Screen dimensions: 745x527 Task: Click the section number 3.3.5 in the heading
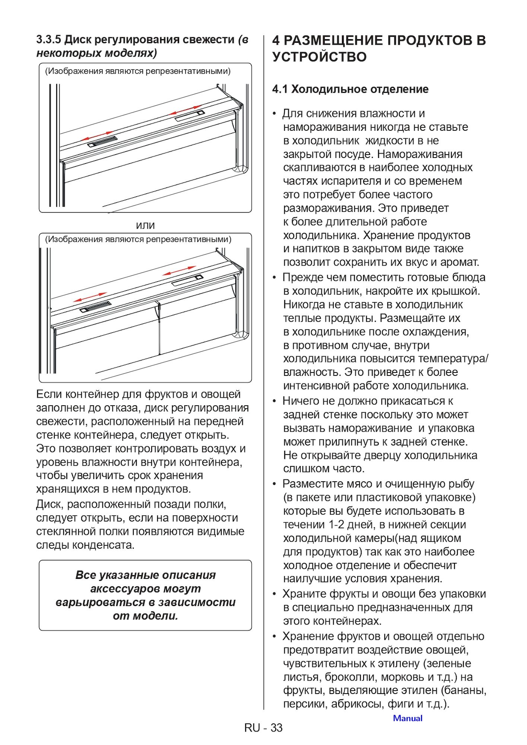[x=49, y=39]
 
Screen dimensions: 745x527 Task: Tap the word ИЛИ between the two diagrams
[x=145, y=226]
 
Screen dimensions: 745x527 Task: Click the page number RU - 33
[x=263, y=727]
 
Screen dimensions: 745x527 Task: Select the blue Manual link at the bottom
[x=407, y=718]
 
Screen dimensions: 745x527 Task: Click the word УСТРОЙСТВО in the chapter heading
[x=320, y=57]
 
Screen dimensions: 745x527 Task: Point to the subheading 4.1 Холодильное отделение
[x=350, y=89]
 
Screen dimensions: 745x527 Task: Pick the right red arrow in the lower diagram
[x=180, y=271]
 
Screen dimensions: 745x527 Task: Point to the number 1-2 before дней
[x=336, y=524]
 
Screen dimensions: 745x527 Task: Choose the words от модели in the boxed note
[x=145, y=616]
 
